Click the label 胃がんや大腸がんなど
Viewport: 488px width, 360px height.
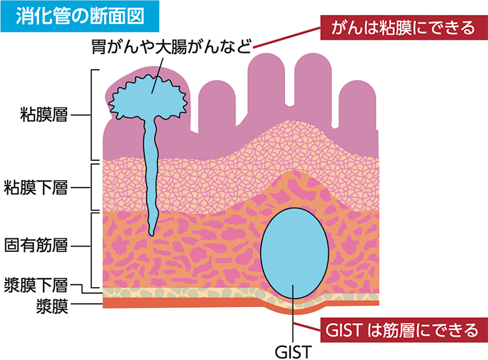[x=170, y=47]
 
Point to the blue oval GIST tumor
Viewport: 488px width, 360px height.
[x=294, y=254]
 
